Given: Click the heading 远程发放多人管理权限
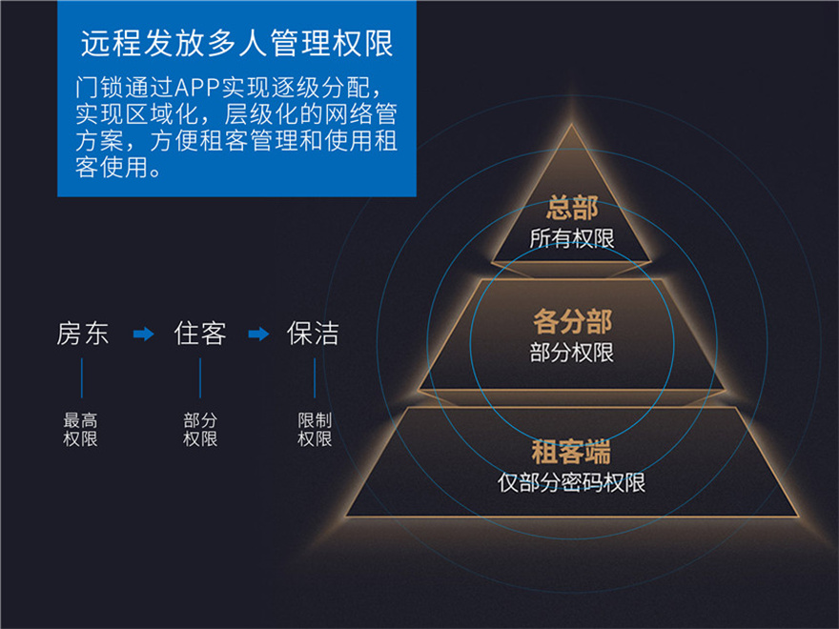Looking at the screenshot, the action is click(237, 43).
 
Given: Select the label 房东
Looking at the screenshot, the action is click(83, 334).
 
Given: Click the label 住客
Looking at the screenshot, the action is click(200, 334).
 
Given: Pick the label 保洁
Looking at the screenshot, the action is click(313, 334).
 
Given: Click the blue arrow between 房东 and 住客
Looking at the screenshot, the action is click(143, 335).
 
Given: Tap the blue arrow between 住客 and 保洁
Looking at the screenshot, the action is click(259, 335).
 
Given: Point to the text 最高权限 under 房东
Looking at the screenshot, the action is click(81, 429).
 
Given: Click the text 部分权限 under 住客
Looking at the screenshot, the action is click(200, 429).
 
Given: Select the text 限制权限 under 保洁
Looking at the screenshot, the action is click(315, 429).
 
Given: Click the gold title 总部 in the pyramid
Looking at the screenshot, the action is click(572, 208).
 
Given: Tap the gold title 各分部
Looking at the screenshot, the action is click(572, 321).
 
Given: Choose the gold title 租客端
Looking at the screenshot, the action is click(571, 452).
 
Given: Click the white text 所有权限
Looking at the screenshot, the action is click(572, 238).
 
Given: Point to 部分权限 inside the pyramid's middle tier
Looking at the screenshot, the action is click(571, 353).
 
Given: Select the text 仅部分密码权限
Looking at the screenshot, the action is click(571, 482).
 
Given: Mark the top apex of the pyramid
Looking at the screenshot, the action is click(571, 125).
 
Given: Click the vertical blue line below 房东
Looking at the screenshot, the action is click(82, 378).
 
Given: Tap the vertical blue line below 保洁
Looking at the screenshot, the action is click(315, 378).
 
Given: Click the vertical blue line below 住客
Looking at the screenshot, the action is click(200, 378).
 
